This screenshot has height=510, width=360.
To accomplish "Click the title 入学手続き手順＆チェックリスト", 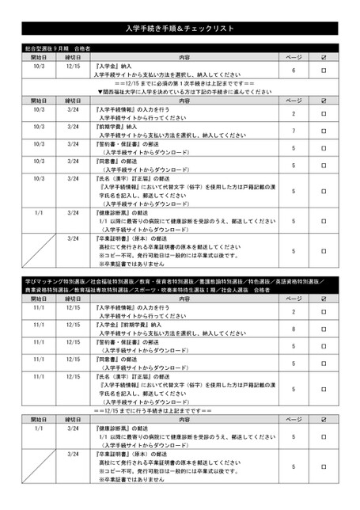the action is click(x=180, y=29).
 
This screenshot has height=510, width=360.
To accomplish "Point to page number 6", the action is click(x=294, y=70).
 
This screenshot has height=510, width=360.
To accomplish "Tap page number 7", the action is click(x=294, y=130).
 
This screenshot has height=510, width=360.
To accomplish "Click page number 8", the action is click(x=294, y=328).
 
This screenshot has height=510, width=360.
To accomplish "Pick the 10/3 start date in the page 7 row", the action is click(x=39, y=126).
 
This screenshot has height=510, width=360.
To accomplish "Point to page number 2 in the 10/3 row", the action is click(x=294, y=112).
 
